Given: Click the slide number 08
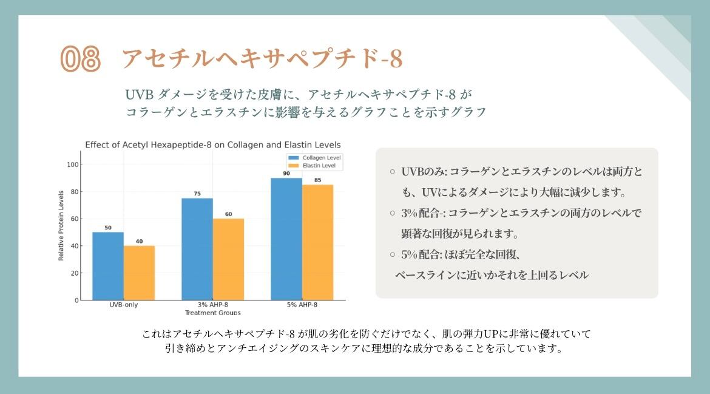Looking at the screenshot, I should pos(80,59).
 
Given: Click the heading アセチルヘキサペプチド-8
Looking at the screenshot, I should pos(262,59).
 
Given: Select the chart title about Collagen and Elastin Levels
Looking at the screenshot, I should pos(212,144).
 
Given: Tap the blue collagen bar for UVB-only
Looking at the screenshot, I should pos(107,266).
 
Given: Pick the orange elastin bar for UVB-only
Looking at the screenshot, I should pos(139,273).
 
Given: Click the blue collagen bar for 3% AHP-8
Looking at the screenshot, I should pos(197,249).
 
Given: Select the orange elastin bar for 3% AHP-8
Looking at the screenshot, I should pos(228,259).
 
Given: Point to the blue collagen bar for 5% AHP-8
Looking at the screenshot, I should pos(286,239).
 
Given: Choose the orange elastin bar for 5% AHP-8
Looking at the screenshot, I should pos(317,242).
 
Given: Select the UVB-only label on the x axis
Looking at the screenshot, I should pos(123,305).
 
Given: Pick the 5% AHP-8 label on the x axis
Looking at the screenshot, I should pos(302,305).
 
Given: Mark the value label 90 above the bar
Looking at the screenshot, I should pos(286,174).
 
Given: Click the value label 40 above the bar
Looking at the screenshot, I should pos(139,242).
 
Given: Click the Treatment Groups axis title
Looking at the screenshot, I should pos(212,313).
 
